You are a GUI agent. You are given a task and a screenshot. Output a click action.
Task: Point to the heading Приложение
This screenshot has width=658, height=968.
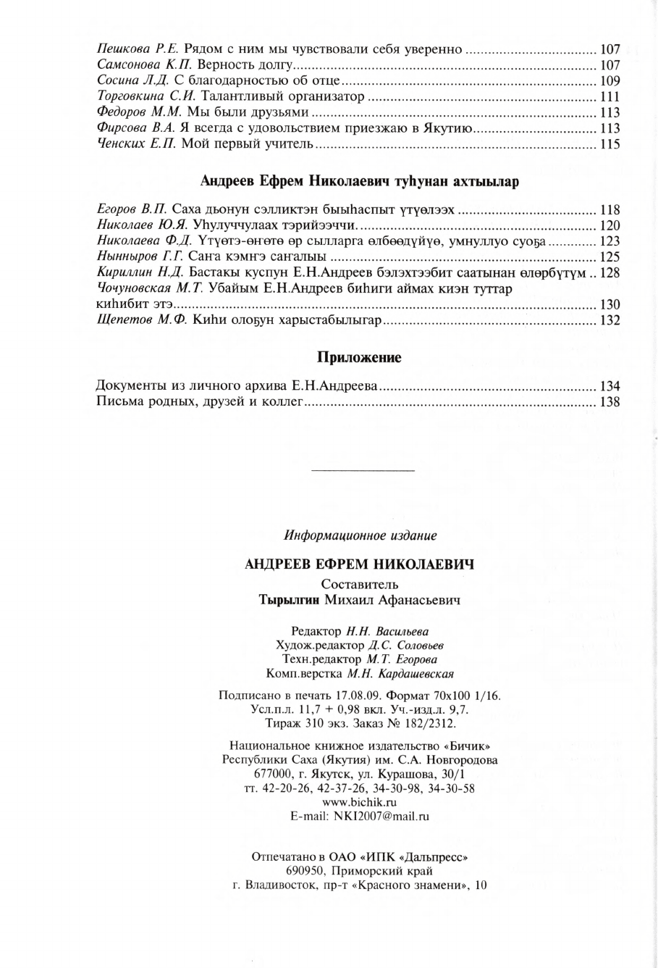tap(359, 358)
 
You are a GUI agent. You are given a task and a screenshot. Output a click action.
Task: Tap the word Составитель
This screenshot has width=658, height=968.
tap(359, 585)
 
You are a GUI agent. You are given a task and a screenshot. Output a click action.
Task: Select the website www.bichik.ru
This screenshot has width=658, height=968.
tap(359, 802)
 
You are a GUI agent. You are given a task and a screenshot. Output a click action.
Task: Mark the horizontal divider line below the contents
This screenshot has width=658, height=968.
tap(362, 472)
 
